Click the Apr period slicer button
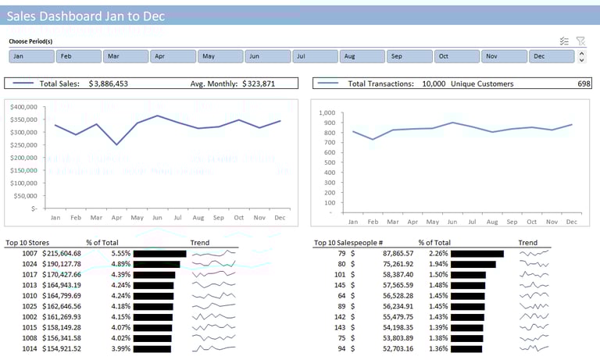172,56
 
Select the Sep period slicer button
409,56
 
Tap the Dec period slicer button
551,56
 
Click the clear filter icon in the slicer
580,41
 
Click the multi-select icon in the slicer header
564,41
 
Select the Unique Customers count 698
584,84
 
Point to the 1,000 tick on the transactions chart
327,112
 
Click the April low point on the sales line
116,144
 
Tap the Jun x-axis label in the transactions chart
452,222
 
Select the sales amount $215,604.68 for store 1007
62,254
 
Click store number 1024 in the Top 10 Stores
30,264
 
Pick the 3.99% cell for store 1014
120,348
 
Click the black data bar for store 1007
159,254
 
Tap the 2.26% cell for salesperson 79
438,254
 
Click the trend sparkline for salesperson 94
534,348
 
